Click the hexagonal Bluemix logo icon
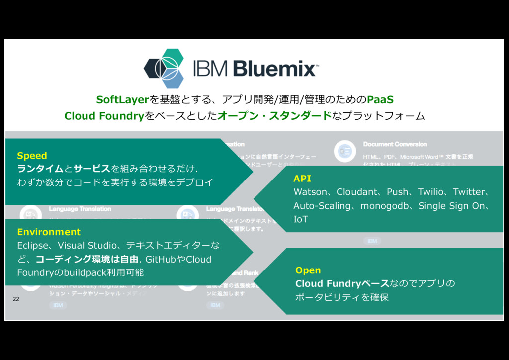pyautogui.click(x=164, y=68)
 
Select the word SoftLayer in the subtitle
pyautogui.click(x=122, y=100)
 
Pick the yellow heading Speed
pyautogui.click(x=32, y=156)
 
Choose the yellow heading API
pyautogui.click(x=302, y=179)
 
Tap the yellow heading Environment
pyautogui.click(x=49, y=232)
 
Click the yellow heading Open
pyautogui.click(x=308, y=270)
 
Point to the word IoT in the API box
pyautogui.click(x=301, y=219)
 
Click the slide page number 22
pyautogui.click(x=16, y=299)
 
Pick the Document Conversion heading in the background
pyautogui.click(x=395, y=144)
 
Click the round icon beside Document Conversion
pyautogui.click(x=344, y=151)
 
